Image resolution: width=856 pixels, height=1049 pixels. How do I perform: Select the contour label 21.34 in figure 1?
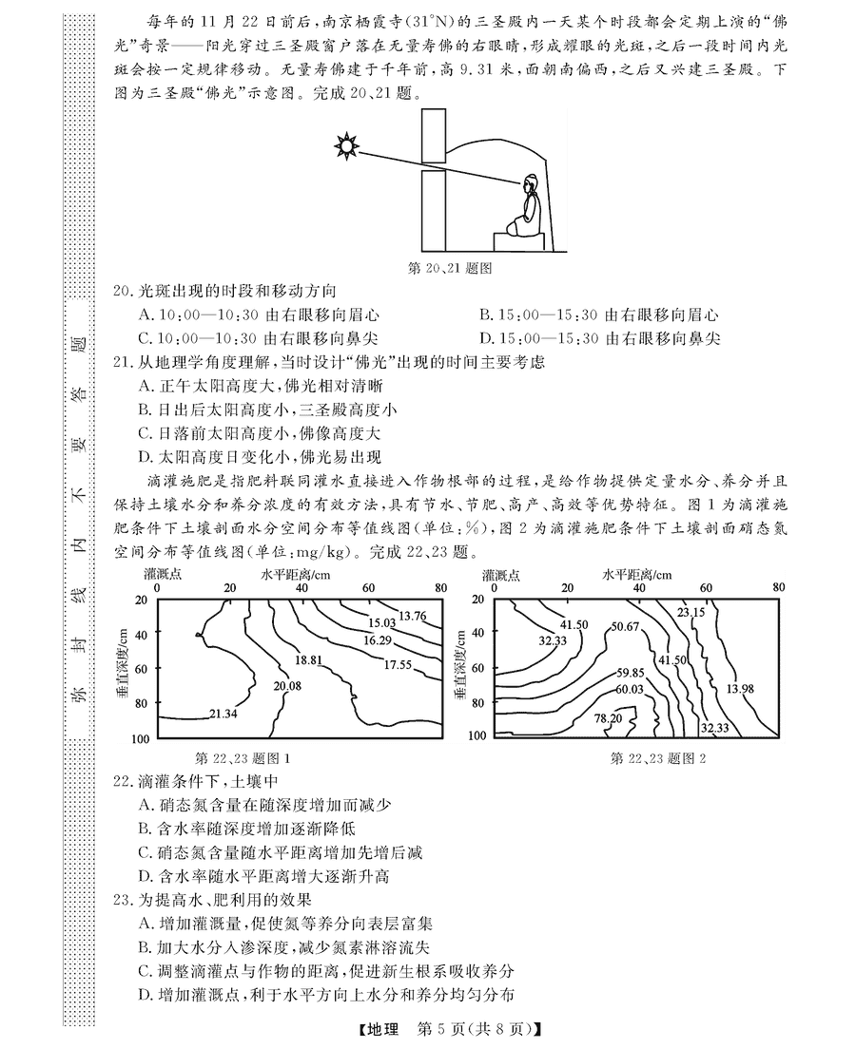[x=223, y=713]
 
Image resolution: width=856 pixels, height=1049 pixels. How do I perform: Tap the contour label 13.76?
[x=413, y=616]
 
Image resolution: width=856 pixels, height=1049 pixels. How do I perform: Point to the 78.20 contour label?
[x=608, y=718]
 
